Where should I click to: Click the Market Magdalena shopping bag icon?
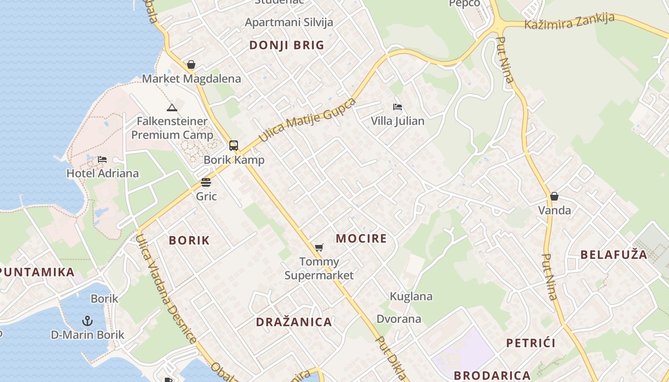click(191, 64)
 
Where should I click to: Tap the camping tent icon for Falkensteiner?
click(172, 107)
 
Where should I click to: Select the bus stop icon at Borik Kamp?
click(234, 146)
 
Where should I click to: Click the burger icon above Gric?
click(206, 182)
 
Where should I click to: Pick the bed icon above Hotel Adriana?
click(102, 159)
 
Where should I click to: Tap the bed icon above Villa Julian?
click(398, 107)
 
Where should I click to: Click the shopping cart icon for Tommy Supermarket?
click(319, 247)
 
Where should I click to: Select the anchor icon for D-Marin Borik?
click(87, 320)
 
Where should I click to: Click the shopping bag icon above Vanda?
click(554, 196)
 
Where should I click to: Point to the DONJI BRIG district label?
click(287, 45)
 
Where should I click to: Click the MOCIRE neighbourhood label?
click(361, 238)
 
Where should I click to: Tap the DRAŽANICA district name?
click(294, 322)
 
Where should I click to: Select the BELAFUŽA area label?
click(614, 255)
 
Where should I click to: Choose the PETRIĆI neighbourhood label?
click(531, 343)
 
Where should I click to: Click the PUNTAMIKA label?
click(37, 272)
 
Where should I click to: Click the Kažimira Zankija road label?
click(569, 21)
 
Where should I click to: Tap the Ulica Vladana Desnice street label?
click(165, 288)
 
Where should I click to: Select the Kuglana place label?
click(411, 296)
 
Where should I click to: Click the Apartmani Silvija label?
click(289, 22)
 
